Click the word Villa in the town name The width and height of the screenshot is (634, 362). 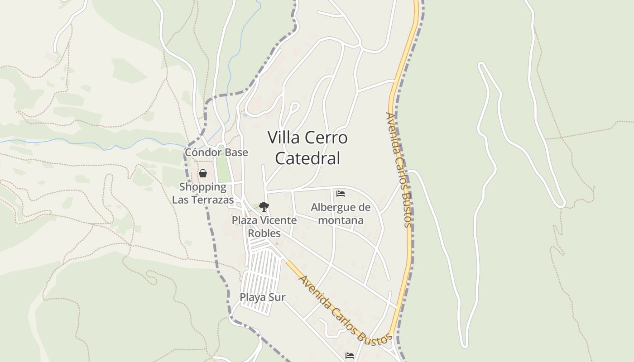281,138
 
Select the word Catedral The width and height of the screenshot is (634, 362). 307,158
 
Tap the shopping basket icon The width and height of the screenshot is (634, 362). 203,173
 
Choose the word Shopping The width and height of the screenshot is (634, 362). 203,187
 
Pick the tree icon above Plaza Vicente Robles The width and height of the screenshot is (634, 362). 264,207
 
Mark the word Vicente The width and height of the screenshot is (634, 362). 279,220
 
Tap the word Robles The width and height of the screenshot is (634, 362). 264,233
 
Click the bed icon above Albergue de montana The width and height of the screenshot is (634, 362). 341,194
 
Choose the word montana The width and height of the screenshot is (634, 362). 341,220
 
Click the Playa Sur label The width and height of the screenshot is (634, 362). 263,297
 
